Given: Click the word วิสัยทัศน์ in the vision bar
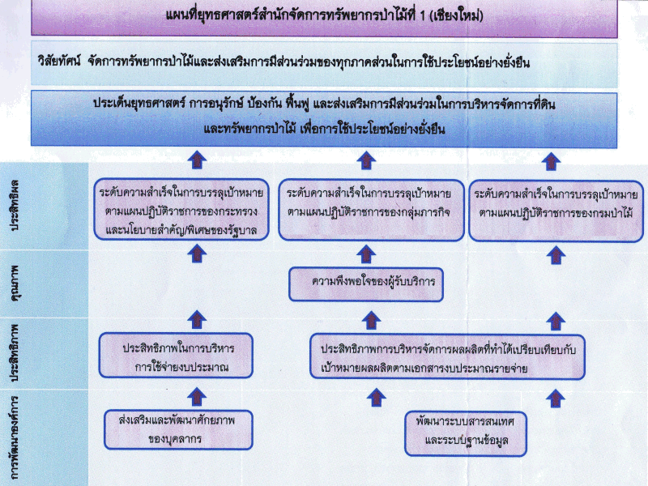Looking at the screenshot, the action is (x=59, y=62).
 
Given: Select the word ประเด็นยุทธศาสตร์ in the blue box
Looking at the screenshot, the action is (x=139, y=103).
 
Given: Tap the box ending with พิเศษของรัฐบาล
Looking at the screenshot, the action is (x=181, y=210).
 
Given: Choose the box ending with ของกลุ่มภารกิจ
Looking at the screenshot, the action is (x=371, y=210).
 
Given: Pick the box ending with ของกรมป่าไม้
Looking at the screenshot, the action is (x=556, y=211).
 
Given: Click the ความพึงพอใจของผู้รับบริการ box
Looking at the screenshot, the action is (x=366, y=284).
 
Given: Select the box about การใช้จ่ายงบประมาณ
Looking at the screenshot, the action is (x=176, y=356).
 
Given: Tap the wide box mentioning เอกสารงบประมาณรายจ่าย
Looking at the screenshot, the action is (x=448, y=357).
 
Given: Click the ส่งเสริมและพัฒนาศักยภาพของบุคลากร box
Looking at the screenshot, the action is (x=178, y=429).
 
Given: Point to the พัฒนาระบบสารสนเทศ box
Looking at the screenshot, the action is (x=466, y=433).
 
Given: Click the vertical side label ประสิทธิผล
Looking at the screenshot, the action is (x=15, y=205).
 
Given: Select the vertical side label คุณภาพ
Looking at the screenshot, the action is (x=15, y=283).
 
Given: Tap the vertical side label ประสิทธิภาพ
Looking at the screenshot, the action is (x=15, y=353).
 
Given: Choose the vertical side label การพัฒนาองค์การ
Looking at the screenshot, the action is (x=15, y=438).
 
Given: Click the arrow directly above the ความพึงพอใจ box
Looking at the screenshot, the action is (x=366, y=254).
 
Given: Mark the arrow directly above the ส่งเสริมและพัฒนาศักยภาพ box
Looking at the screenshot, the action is (x=197, y=396).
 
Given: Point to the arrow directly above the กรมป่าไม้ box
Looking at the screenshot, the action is (x=551, y=161).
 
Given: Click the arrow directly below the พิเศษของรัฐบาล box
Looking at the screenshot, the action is (x=197, y=253).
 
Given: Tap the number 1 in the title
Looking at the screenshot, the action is (x=422, y=15).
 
